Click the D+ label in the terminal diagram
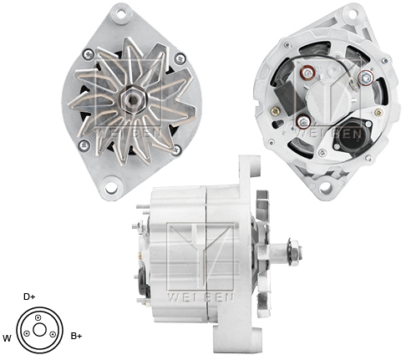[x=29, y=297]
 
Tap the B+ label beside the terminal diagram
[x=76, y=337]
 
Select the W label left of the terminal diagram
[x=8, y=338]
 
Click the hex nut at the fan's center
[x=131, y=99]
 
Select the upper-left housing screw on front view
[x=88, y=54]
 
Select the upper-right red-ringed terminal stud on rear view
[x=364, y=79]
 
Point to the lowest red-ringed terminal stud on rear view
[x=302, y=122]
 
